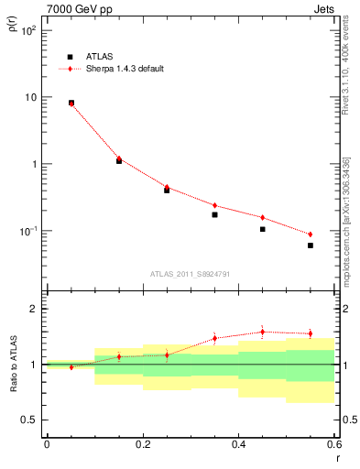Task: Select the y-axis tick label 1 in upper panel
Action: click(x=33, y=164)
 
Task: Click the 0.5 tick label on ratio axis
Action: click(x=28, y=420)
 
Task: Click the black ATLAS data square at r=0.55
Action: click(x=311, y=245)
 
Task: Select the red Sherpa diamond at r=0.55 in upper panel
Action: click(x=311, y=234)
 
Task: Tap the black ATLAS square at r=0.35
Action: click(x=214, y=214)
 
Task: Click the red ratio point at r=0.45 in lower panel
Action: click(x=262, y=332)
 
